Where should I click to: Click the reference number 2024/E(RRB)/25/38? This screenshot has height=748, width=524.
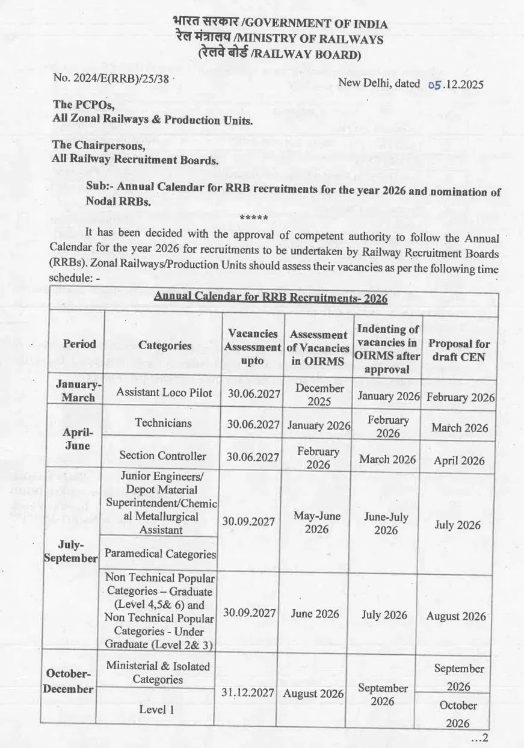pos(113,78)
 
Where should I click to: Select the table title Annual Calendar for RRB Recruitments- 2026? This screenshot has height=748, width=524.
pos(271,298)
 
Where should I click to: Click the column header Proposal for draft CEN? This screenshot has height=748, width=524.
pos(458,350)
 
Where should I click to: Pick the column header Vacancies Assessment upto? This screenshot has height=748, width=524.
pos(252,347)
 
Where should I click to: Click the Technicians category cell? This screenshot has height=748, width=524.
pos(163,423)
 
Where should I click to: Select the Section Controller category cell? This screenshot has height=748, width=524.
pos(162,456)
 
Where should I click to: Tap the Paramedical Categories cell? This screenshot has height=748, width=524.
pos(160,554)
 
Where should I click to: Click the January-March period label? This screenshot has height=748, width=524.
pos(79,391)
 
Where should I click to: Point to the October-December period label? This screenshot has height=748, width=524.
pos(68,681)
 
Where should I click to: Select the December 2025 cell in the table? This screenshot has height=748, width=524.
pos(319,394)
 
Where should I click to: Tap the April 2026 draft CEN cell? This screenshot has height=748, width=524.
pos(459,461)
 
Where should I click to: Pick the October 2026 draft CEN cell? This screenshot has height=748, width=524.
pos(458,713)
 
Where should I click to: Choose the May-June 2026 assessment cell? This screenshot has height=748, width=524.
pos(317,522)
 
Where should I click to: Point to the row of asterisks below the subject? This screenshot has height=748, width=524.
pos(253,218)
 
